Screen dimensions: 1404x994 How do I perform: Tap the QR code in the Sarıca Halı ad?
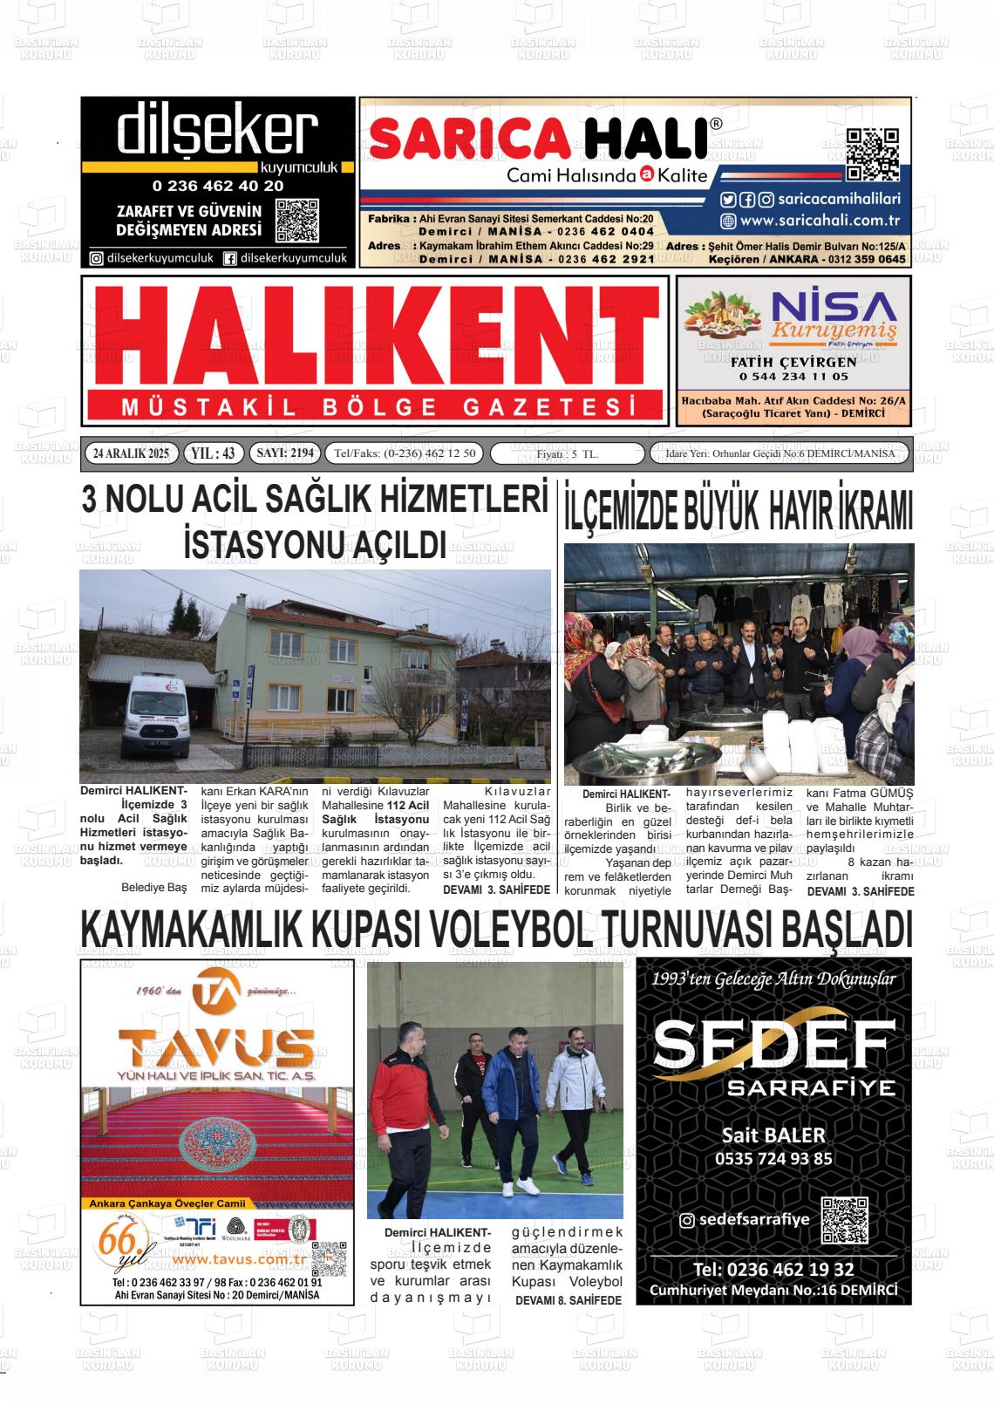[x=872, y=154]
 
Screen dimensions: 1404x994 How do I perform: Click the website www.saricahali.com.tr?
[x=819, y=222]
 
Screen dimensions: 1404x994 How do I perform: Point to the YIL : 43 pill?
[x=213, y=453]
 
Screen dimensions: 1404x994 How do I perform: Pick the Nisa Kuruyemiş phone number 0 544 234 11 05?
[x=793, y=377]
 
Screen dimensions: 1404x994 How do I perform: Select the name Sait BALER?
[x=773, y=1135]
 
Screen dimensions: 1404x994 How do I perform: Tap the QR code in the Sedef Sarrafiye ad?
[x=844, y=1220]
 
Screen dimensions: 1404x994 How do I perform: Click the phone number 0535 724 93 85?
[x=773, y=1159]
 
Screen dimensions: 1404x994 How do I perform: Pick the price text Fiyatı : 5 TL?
[x=567, y=454]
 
